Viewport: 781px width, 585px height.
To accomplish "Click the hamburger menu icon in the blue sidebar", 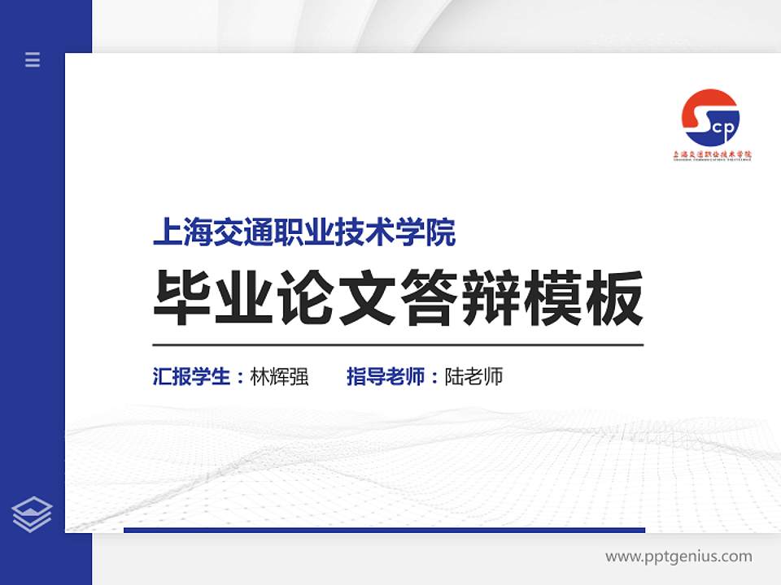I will coord(33,59).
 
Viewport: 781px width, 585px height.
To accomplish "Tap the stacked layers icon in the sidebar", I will coord(33,514).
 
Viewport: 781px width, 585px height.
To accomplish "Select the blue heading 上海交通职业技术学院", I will coord(304,233).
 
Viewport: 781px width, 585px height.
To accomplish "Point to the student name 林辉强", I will coord(279,377).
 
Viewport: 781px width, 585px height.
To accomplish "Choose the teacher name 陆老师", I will coord(473,377).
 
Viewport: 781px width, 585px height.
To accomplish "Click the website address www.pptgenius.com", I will coord(678,557).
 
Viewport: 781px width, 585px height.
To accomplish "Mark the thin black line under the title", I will coord(398,345).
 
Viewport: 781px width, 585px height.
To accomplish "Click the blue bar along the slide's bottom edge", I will coord(384,530).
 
